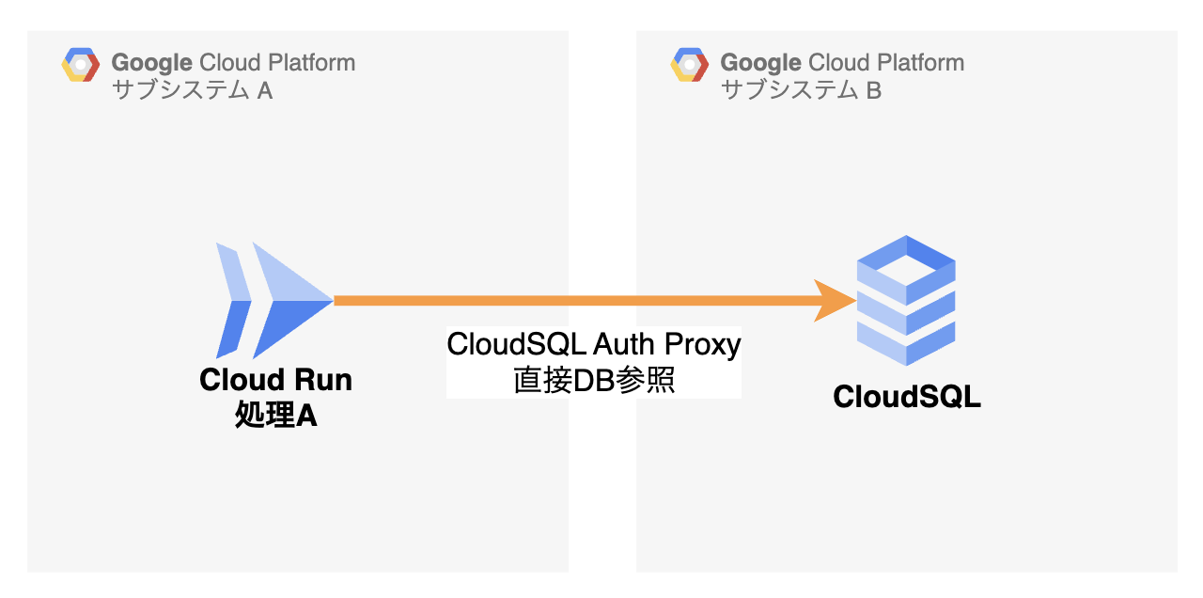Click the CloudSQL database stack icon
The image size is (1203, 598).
coord(906,300)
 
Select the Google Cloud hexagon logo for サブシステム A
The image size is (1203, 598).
coord(81,65)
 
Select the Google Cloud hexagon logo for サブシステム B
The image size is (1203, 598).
coord(690,65)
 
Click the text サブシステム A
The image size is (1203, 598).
coord(192,90)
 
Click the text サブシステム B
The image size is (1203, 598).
coord(801,90)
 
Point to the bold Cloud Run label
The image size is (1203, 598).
coord(275,381)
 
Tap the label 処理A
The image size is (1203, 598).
coord(275,414)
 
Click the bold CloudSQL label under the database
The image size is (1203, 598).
coord(907,397)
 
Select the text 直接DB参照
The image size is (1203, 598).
coord(594,380)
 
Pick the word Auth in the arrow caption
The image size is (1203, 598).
coord(624,345)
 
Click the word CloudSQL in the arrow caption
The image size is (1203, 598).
coord(518,345)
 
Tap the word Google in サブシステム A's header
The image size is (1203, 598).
coord(152,63)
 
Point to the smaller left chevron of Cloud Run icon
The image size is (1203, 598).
coord(233,300)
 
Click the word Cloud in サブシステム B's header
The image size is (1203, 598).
coord(840,63)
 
